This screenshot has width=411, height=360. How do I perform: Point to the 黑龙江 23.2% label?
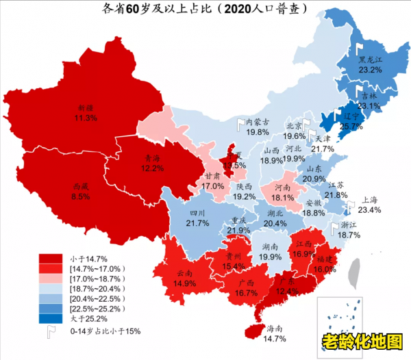(x=371, y=64)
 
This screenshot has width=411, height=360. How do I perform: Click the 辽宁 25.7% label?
(x=351, y=121)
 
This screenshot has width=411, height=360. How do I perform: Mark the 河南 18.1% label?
(x=282, y=192)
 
